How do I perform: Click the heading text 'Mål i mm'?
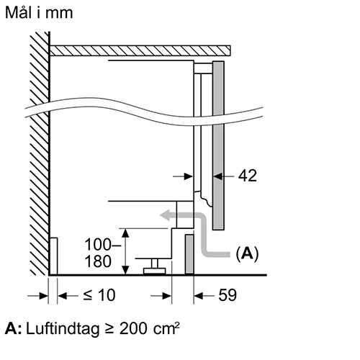point(39,13)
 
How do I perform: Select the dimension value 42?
point(248,176)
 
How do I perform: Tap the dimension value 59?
point(228,295)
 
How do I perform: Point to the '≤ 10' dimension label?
point(99,295)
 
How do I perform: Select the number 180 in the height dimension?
point(98,261)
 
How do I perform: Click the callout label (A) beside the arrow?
point(247,253)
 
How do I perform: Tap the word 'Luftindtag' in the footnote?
point(63,329)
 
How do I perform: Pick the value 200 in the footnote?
point(133,328)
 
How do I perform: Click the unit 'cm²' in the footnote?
point(166,328)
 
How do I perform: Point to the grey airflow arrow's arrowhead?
point(165,215)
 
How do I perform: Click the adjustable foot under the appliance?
point(155,266)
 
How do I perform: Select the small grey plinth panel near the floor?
point(189,254)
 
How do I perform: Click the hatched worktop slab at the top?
point(140,50)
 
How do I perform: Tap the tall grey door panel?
point(218,145)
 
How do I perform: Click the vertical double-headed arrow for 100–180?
point(125,251)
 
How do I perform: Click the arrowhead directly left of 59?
point(199,296)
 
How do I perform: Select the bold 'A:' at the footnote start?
point(14,328)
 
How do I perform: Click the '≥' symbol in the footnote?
point(109,329)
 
